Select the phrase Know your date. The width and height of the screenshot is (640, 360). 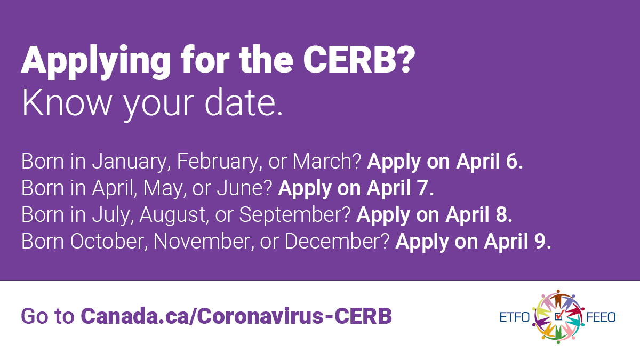click(x=153, y=105)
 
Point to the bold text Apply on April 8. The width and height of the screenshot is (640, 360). click(x=435, y=214)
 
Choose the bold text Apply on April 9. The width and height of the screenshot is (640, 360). click(x=474, y=241)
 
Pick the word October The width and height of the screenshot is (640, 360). click(x=109, y=241)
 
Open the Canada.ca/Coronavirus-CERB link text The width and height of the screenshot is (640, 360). click(x=236, y=316)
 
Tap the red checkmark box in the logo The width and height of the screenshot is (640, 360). click(x=558, y=316)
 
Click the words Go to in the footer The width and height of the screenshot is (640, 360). click(x=47, y=316)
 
